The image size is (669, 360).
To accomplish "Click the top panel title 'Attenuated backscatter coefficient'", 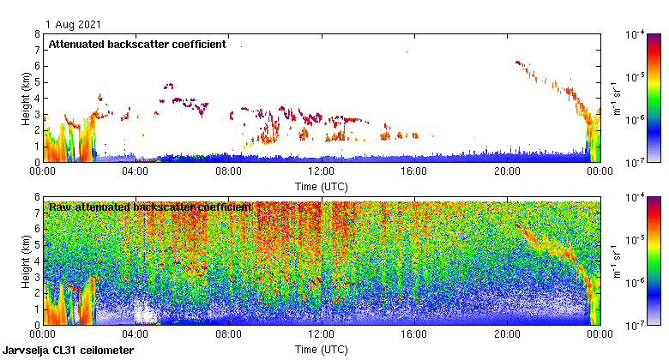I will click(x=137, y=44).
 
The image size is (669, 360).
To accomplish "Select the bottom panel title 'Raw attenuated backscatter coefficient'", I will click(x=150, y=207).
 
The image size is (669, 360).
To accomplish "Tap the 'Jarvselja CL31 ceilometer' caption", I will click(x=68, y=351).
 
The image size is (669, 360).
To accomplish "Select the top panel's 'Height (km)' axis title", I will click(x=26, y=98).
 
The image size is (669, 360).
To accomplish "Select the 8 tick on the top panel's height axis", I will click(x=37, y=34).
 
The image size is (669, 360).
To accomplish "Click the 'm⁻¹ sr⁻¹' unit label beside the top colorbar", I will click(x=617, y=98).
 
